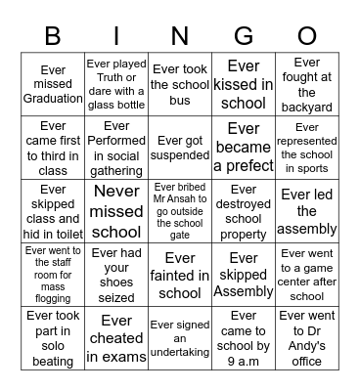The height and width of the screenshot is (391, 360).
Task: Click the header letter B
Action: (52, 36)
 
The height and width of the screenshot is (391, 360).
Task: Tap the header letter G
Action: (244, 36)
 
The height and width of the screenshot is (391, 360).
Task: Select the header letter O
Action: (307, 36)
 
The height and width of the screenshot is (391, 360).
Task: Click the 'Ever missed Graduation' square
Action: (53, 84)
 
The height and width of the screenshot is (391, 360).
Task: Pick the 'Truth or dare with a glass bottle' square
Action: (116, 84)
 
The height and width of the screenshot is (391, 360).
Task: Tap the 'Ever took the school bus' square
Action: (180, 84)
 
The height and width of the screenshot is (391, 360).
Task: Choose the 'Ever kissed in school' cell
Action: (244, 84)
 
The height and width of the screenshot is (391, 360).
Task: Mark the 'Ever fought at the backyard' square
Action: (307, 84)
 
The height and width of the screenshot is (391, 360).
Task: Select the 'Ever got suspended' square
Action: (180, 148)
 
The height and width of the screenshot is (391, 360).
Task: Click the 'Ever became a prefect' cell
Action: (244, 148)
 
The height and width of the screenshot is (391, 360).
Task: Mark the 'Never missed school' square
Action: (116, 210)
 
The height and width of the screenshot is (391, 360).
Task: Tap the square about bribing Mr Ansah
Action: (180, 210)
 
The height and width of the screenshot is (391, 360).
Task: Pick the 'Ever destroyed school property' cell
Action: (244, 210)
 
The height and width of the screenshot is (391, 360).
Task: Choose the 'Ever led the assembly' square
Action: (307, 210)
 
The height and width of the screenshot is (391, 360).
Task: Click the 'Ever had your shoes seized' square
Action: (116, 274)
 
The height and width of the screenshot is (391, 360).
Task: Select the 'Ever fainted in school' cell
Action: (180, 274)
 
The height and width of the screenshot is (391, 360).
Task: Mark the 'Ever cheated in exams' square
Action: (116, 337)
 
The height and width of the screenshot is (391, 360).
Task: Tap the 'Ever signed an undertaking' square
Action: (180, 337)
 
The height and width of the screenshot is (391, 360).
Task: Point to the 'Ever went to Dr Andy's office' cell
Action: (307, 337)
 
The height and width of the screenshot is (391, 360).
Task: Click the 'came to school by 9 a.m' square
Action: (244, 337)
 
